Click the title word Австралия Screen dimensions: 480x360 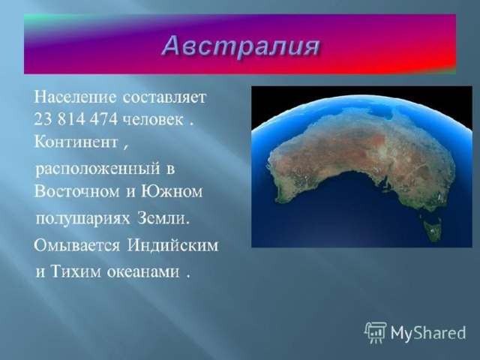241,46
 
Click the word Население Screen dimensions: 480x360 75,97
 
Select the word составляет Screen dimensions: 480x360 165,98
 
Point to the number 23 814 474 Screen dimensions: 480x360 76,120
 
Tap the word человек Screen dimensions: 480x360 153,120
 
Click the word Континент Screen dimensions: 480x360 76,142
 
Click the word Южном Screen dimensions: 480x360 172,192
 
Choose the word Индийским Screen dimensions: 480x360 172,245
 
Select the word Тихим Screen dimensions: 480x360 76,271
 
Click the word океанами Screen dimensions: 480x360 143,272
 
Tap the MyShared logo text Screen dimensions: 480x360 428,332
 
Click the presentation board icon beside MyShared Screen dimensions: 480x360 376,332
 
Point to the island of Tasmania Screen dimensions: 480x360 431,228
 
